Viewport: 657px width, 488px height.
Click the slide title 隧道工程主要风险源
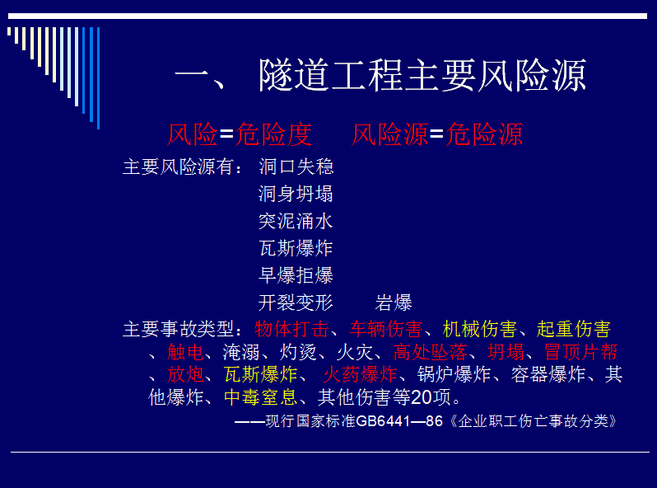tap(422, 75)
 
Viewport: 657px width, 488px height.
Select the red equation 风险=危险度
tap(240, 134)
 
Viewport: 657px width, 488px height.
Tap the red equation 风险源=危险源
tap(437, 134)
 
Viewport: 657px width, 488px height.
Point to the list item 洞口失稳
tap(296, 167)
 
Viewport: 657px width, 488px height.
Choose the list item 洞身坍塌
tap(296, 194)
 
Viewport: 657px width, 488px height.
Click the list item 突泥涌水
tap(296, 221)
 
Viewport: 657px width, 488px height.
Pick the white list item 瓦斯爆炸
tap(296, 248)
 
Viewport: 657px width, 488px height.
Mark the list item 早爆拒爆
tap(296, 275)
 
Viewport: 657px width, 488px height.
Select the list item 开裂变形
tap(296, 303)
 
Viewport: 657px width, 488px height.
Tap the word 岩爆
tap(394, 303)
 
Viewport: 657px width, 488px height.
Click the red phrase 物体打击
tap(291, 329)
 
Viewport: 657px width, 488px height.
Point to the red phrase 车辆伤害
tap(386, 329)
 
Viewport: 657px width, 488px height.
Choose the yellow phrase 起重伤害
tap(574, 329)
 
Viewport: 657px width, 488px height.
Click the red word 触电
tap(185, 352)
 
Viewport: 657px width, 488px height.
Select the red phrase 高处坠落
tap(431, 352)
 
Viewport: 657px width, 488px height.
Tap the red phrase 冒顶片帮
tap(581, 352)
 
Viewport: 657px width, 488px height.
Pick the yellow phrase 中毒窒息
tap(261, 397)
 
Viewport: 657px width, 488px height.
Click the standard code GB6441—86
tap(399, 421)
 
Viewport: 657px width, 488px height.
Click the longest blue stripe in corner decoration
tap(99, 78)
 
